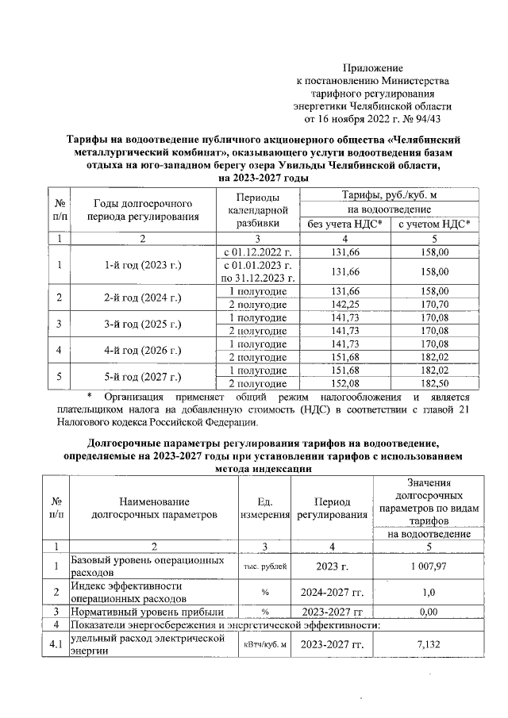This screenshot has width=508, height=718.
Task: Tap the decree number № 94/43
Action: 428,119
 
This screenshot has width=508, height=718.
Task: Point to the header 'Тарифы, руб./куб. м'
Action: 389,195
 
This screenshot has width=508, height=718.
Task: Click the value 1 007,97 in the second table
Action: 429,566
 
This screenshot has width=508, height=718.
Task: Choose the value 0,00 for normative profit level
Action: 429,612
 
